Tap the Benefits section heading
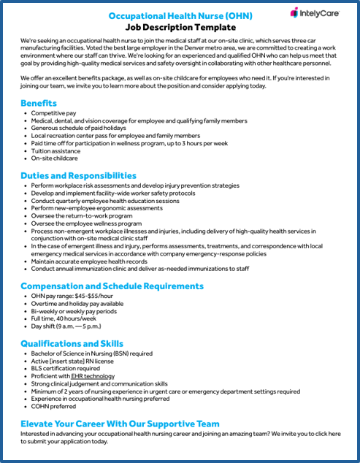click(x=39, y=103)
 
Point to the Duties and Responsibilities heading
click(x=78, y=175)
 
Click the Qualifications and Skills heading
click(x=72, y=343)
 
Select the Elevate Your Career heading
click(x=120, y=423)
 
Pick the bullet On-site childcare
click(x=54, y=158)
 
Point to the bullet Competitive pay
click(x=53, y=114)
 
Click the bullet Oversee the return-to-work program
click(x=82, y=216)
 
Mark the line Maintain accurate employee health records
click(x=88, y=259)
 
